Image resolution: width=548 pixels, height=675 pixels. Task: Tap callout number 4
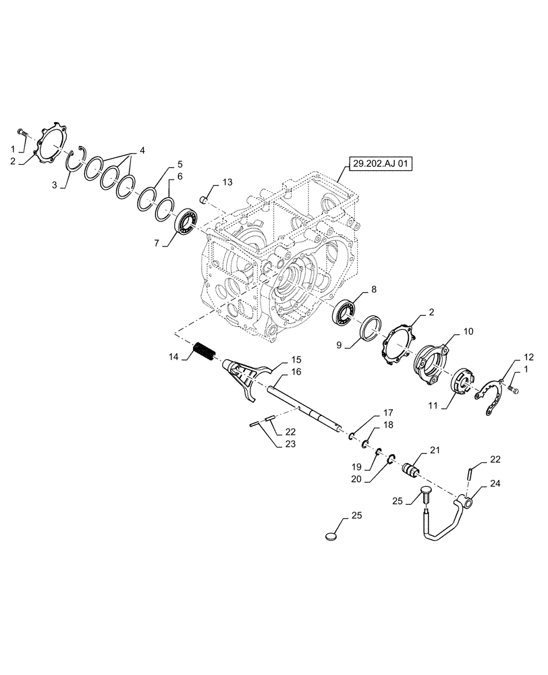tap(142, 149)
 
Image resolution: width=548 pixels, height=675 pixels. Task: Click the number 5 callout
tap(180, 164)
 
